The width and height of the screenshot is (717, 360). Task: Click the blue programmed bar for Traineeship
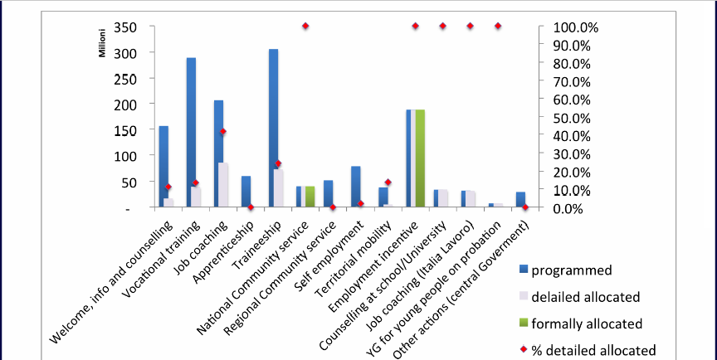pyautogui.click(x=273, y=124)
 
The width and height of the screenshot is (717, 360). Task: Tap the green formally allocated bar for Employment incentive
pyautogui.click(x=420, y=158)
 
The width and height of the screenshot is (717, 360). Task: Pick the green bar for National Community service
pyautogui.click(x=310, y=197)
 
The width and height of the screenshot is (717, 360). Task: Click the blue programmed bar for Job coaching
pyautogui.click(x=218, y=149)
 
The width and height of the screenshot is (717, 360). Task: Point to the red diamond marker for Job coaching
pyautogui.click(x=223, y=132)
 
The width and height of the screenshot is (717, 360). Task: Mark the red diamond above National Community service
pyautogui.click(x=305, y=27)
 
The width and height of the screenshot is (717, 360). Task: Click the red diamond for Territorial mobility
pyautogui.click(x=388, y=182)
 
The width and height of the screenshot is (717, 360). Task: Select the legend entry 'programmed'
pyautogui.click(x=572, y=270)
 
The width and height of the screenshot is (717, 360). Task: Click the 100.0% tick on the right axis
pyautogui.click(x=568, y=27)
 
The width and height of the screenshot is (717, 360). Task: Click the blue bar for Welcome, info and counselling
pyautogui.click(x=163, y=166)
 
